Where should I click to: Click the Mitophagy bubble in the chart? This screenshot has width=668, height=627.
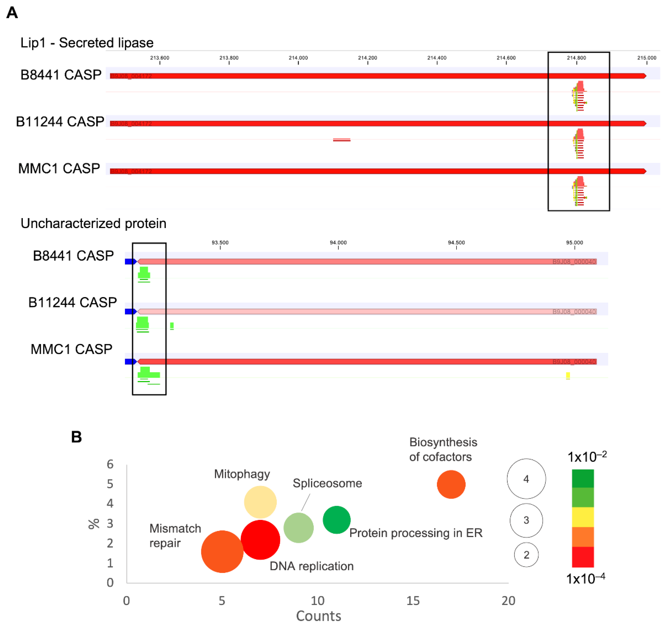point(260,502)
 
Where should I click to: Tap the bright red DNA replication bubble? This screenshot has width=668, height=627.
point(260,540)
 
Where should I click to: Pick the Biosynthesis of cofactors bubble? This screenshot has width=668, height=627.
point(451,484)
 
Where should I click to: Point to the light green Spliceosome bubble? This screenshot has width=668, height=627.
point(298,528)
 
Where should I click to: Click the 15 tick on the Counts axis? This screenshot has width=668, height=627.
point(413,600)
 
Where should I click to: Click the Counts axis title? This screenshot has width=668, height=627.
point(318,616)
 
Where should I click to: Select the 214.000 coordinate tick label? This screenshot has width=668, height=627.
point(298,58)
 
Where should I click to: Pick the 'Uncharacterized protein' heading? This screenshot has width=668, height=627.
point(93,223)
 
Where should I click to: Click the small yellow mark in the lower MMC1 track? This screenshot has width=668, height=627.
point(568,376)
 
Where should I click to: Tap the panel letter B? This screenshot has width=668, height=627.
point(76,437)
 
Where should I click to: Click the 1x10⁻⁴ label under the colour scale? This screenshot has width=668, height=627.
point(585,579)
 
